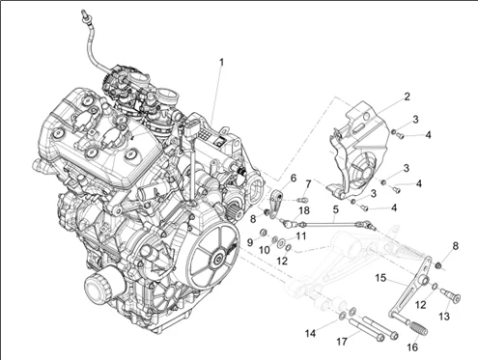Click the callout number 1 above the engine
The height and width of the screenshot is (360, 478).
pyautogui.click(x=221, y=63)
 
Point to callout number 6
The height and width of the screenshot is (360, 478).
pyautogui.click(x=294, y=179)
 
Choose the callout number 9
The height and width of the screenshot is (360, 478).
pyautogui.click(x=249, y=241)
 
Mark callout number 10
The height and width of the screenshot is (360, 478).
pyautogui.click(x=265, y=250)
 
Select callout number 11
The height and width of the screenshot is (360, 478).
pyautogui.click(x=301, y=235)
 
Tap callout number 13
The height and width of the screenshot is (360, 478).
pyautogui.click(x=444, y=315)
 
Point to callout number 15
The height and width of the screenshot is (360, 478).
pyautogui.click(x=381, y=278)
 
